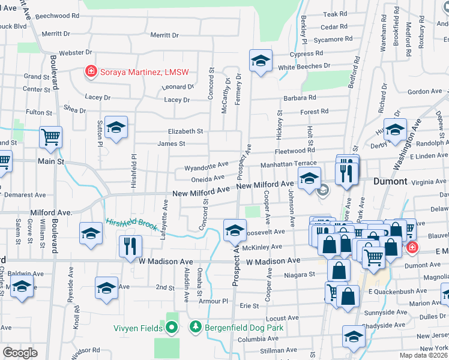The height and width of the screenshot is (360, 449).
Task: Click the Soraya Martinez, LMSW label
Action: pos(143,72)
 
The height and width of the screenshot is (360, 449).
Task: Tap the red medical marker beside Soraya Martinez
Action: pos(91,72)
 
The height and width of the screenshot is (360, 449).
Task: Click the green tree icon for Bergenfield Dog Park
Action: pos(195,328)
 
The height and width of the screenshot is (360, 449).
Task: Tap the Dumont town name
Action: pos(390,181)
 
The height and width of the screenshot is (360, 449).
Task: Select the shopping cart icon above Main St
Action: pos(50,136)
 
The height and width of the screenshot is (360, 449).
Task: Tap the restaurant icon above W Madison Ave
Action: pos(130,245)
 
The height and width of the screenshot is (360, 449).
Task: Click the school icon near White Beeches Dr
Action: pos(261,61)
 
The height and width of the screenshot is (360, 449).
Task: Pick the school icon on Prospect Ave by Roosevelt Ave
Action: pos(235,229)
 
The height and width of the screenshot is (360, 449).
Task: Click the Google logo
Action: pos(20,353)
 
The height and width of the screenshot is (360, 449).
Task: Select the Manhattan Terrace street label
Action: pos(288,164)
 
